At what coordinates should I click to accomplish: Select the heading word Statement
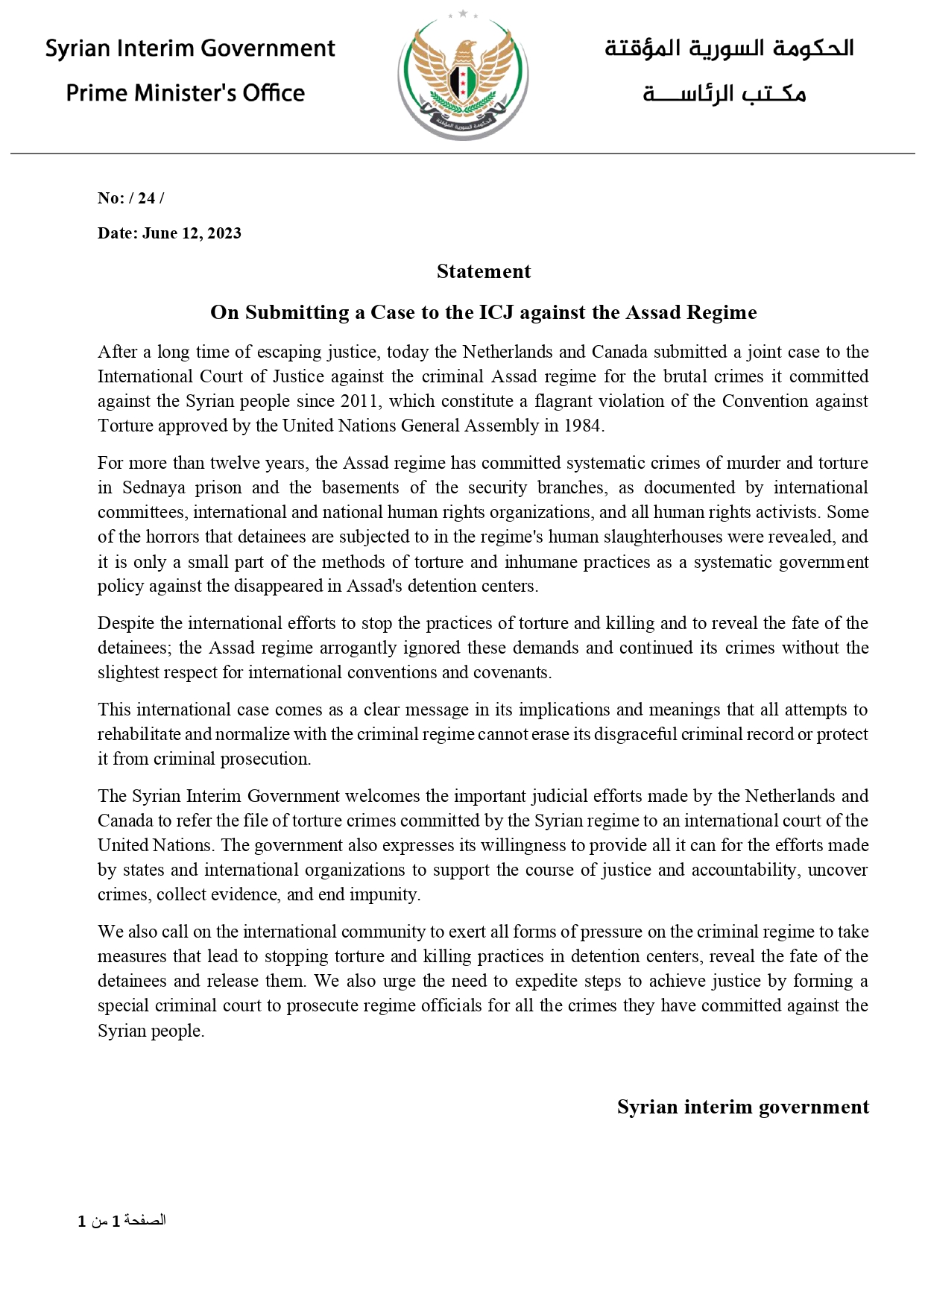(484, 271)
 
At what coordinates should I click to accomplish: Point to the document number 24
(146, 198)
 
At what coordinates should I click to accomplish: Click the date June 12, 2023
(192, 233)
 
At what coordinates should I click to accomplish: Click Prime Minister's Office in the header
(186, 93)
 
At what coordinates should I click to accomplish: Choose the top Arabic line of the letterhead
(729, 48)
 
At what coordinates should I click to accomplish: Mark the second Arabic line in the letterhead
(724, 94)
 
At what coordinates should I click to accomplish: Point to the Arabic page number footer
(122, 1221)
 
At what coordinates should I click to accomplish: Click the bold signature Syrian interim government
(742, 1107)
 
